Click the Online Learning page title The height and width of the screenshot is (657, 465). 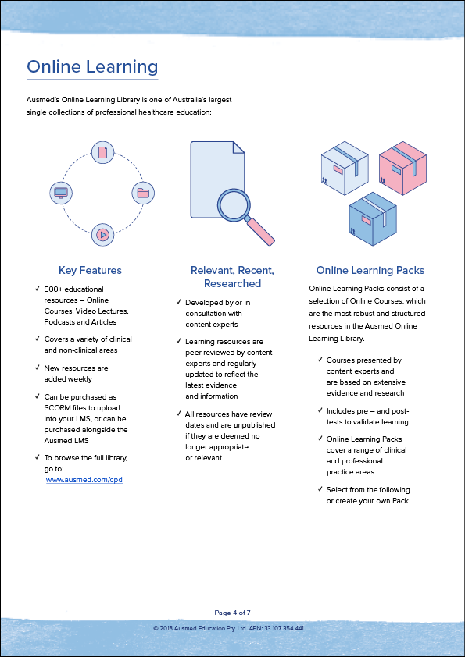point(92,66)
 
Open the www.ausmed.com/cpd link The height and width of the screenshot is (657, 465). point(84,480)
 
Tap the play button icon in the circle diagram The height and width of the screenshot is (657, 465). point(103,235)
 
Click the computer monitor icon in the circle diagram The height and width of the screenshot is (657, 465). point(61,194)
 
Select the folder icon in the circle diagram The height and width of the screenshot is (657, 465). point(143,194)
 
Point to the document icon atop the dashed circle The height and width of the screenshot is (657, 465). point(103,152)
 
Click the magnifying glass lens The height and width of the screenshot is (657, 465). point(234,205)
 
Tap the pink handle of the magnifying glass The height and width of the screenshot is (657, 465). point(260,231)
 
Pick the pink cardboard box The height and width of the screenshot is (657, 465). point(402,168)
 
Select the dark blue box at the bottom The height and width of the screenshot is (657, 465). point(373,219)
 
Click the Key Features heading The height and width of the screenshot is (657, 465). point(90,270)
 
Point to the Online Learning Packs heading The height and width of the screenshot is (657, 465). point(370,270)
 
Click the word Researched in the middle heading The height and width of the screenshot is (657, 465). point(233,284)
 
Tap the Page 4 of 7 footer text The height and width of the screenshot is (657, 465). point(233,613)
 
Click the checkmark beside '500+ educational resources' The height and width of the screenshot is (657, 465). point(38,289)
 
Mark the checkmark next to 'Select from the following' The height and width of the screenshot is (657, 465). point(320,489)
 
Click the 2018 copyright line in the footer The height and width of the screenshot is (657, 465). point(228,628)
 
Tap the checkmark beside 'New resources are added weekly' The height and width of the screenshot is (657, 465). point(38,368)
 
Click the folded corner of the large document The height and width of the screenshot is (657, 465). point(239,147)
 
